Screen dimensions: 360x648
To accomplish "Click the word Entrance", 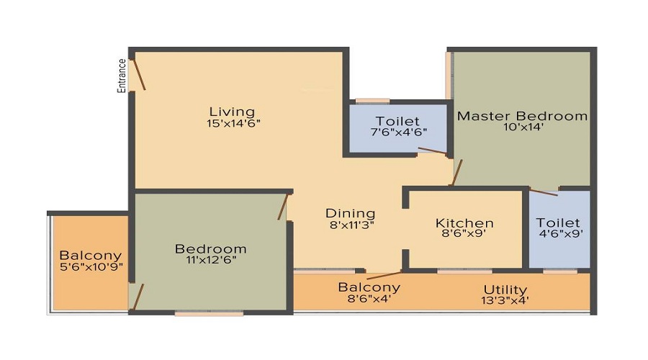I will [122, 75].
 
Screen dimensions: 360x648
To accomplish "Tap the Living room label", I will [232, 112].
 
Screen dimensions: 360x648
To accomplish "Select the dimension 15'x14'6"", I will [232, 123].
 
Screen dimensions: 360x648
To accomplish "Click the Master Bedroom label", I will [523, 115].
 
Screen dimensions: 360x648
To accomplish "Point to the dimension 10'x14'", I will [523, 127].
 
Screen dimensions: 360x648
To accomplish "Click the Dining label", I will [351, 213].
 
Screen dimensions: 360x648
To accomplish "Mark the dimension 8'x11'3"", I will [351, 225].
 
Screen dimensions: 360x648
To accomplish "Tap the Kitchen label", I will [465, 223].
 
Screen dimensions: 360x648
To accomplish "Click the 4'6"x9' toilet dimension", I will [559, 233].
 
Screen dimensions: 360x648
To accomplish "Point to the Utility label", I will [506, 289].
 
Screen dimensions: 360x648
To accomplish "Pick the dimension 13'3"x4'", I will [506, 301].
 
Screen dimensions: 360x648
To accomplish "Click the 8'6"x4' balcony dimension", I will [369, 300].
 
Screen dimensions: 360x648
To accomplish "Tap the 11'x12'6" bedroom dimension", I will [210, 261].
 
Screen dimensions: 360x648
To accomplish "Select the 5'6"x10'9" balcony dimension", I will [90, 267].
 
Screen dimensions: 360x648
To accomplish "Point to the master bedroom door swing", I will [456, 173].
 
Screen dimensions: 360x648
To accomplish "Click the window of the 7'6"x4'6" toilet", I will [372, 101].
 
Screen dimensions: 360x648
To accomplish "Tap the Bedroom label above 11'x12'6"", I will [210, 249].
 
